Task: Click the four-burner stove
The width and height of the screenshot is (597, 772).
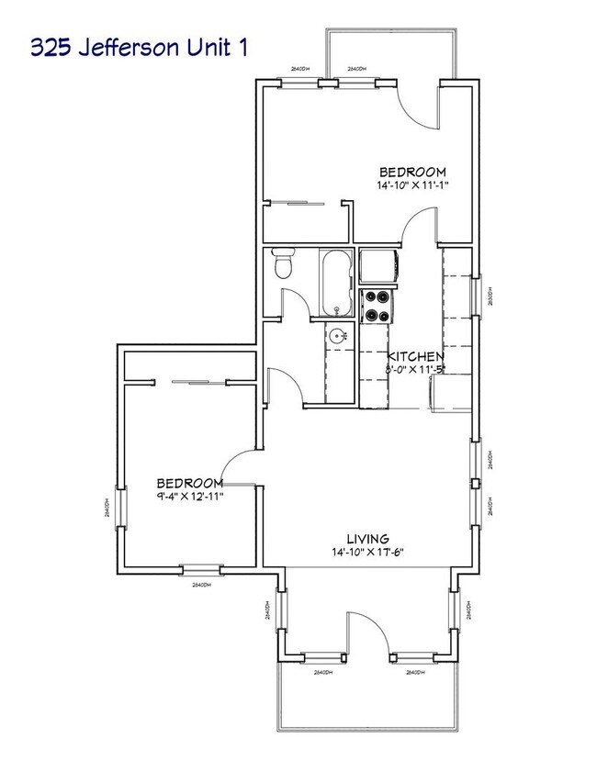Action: click(x=376, y=307)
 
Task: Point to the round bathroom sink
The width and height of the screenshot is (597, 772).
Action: click(x=340, y=335)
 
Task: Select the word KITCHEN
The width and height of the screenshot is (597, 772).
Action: click(x=416, y=356)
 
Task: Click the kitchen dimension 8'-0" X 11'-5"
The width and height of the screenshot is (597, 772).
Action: click(x=415, y=369)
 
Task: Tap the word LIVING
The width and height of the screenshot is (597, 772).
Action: click(x=367, y=538)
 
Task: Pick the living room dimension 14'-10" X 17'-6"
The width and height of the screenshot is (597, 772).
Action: click(x=367, y=552)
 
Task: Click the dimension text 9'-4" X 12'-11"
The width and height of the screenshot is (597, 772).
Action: click(x=189, y=496)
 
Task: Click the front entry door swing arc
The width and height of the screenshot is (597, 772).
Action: click(x=366, y=631)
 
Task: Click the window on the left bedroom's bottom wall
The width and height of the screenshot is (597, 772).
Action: click(x=201, y=568)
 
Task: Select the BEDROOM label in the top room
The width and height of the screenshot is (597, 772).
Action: click(x=413, y=172)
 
